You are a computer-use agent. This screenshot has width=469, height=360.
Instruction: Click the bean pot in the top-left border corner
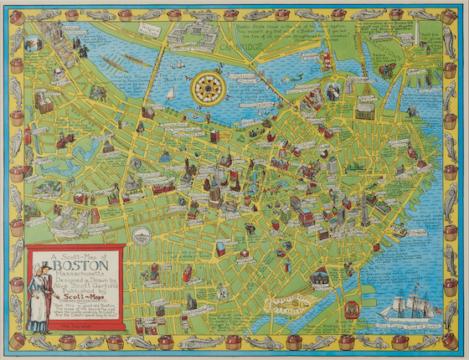18,14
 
